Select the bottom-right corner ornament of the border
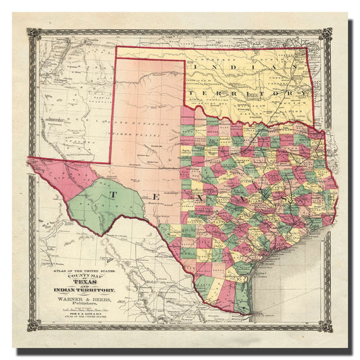(x=327, y=326)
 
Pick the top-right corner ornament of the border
(x=327, y=33)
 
